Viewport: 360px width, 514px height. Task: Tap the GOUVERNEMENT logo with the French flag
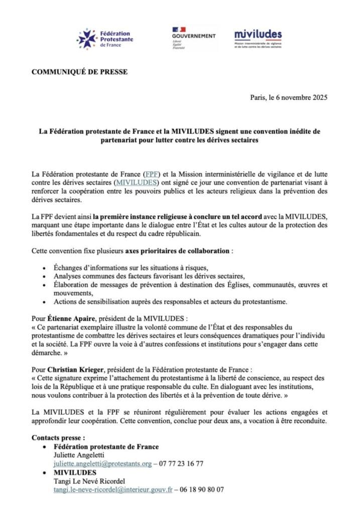[x=193, y=38]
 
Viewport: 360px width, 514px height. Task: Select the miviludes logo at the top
[x=258, y=38]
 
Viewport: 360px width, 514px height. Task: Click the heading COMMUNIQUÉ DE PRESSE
[x=79, y=72]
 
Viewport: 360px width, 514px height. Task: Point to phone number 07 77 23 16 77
[x=181, y=463]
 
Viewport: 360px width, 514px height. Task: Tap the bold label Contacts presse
[x=58, y=438]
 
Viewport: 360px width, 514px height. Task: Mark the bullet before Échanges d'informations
[x=45, y=268]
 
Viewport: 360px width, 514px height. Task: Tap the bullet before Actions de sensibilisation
[x=45, y=302]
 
